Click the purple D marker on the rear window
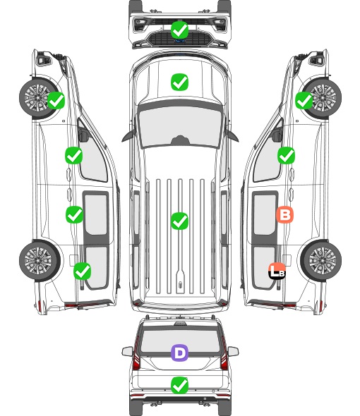click(x=179, y=353)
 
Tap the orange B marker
click(x=284, y=214)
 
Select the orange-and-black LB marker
click(x=277, y=271)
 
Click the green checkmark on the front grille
click(x=179, y=30)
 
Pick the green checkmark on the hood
click(x=179, y=82)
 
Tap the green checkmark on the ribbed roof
click(x=179, y=221)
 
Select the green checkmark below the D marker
click(x=179, y=385)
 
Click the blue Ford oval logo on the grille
click(x=180, y=41)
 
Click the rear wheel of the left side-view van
click(x=40, y=261)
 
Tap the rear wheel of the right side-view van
click(x=321, y=261)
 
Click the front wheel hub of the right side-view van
click(x=323, y=97)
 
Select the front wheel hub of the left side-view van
click(x=37, y=97)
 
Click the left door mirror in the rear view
click(x=127, y=351)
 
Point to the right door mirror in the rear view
click(x=233, y=351)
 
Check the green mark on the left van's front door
click(x=73, y=155)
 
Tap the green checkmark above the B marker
click(x=286, y=155)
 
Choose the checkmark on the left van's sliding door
click(x=74, y=214)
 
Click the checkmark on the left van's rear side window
click(x=83, y=271)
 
